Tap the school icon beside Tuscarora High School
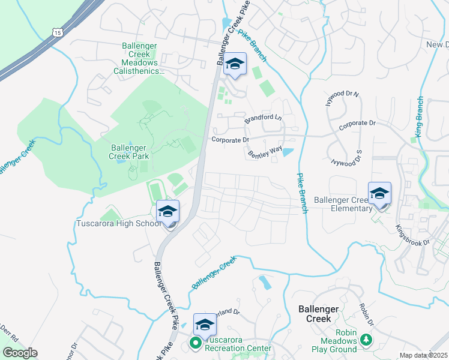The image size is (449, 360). tap(168, 212)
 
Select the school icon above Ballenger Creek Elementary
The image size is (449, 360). tap(379, 194)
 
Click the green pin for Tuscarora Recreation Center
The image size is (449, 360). tap(195, 344)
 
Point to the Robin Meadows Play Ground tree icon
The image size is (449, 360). tap(366, 340)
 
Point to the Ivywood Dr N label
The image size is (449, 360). tap(342, 98)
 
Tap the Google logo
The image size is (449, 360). tap(19, 353)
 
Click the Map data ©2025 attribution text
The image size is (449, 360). tap(423, 355)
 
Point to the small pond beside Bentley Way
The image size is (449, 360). tap(288, 151)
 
